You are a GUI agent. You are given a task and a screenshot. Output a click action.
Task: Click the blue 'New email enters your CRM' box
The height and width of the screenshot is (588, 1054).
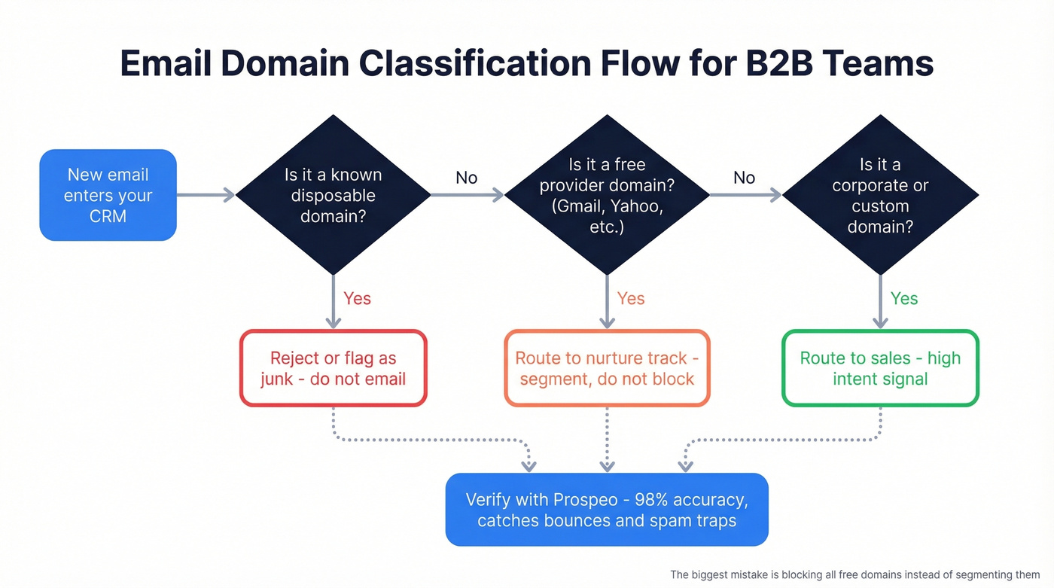tap(108, 195)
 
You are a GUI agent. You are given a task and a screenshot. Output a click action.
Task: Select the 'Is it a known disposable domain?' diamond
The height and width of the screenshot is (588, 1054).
tap(333, 195)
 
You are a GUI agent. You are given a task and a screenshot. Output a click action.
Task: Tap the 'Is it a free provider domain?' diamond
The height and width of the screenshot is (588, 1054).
tap(607, 195)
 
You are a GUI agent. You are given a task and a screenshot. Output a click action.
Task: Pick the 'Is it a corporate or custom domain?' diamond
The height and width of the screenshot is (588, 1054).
tap(880, 195)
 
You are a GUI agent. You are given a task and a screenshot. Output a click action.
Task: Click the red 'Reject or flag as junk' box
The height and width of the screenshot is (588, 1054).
tap(333, 368)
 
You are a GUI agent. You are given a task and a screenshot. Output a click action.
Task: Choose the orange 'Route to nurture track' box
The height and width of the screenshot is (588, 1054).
tap(607, 368)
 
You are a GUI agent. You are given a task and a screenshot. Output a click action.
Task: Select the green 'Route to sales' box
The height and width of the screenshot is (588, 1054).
tap(880, 368)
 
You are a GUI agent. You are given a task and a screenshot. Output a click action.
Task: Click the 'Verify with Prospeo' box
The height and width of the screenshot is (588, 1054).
tap(607, 510)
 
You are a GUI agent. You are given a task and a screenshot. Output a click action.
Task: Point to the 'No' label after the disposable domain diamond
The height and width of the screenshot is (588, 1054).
tap(466, 178)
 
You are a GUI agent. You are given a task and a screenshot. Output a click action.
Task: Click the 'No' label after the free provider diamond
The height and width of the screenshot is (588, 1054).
tap(744, 178)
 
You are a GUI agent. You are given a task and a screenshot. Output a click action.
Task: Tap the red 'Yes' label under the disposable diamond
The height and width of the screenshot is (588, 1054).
tap(357, 299)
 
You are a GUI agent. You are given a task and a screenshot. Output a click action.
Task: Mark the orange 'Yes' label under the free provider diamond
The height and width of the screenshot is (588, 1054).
tap(631, 299)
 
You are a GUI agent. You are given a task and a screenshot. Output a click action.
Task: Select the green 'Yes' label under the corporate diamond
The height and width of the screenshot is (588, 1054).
tap(904, 299)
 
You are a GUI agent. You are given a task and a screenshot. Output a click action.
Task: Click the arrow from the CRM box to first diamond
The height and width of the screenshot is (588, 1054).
tap(206, 195)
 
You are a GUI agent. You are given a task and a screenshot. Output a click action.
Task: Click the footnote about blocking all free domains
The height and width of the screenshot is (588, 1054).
tap(854, 574)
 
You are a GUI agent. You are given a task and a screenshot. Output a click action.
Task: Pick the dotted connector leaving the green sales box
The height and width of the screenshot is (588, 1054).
tap(783, 439)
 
